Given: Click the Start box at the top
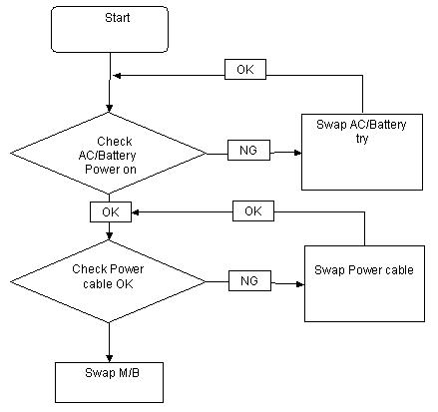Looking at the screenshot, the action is tap(110, 29).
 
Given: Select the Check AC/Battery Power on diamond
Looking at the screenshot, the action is tap(109, 154).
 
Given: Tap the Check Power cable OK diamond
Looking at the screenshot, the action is tap(109, 281).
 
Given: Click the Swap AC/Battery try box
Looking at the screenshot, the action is tap(362, 152).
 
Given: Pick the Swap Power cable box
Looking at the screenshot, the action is tap(364, 283).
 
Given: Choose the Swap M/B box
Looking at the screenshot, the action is tap(109, 382).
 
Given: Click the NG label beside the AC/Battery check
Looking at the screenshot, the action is tap(248, 150).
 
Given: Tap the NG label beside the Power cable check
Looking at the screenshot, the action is tap(249, 280).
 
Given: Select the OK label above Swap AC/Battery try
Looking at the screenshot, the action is tap(245, 69).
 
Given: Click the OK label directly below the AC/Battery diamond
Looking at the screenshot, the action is tap(111, 211).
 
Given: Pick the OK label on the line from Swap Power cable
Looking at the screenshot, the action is tap(253, 210).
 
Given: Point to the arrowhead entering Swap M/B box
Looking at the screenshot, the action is tap(109, 358).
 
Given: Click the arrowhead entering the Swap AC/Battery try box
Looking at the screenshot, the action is tap(297, 153).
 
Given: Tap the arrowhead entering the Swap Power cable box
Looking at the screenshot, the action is tap(300, 284).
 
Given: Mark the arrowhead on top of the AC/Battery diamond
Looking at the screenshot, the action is tap(109, 109).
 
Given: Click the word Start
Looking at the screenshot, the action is tap(117, 17).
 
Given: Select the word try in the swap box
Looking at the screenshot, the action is tap(362, 138).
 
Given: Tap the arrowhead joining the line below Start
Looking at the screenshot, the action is tap(117, 76).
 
